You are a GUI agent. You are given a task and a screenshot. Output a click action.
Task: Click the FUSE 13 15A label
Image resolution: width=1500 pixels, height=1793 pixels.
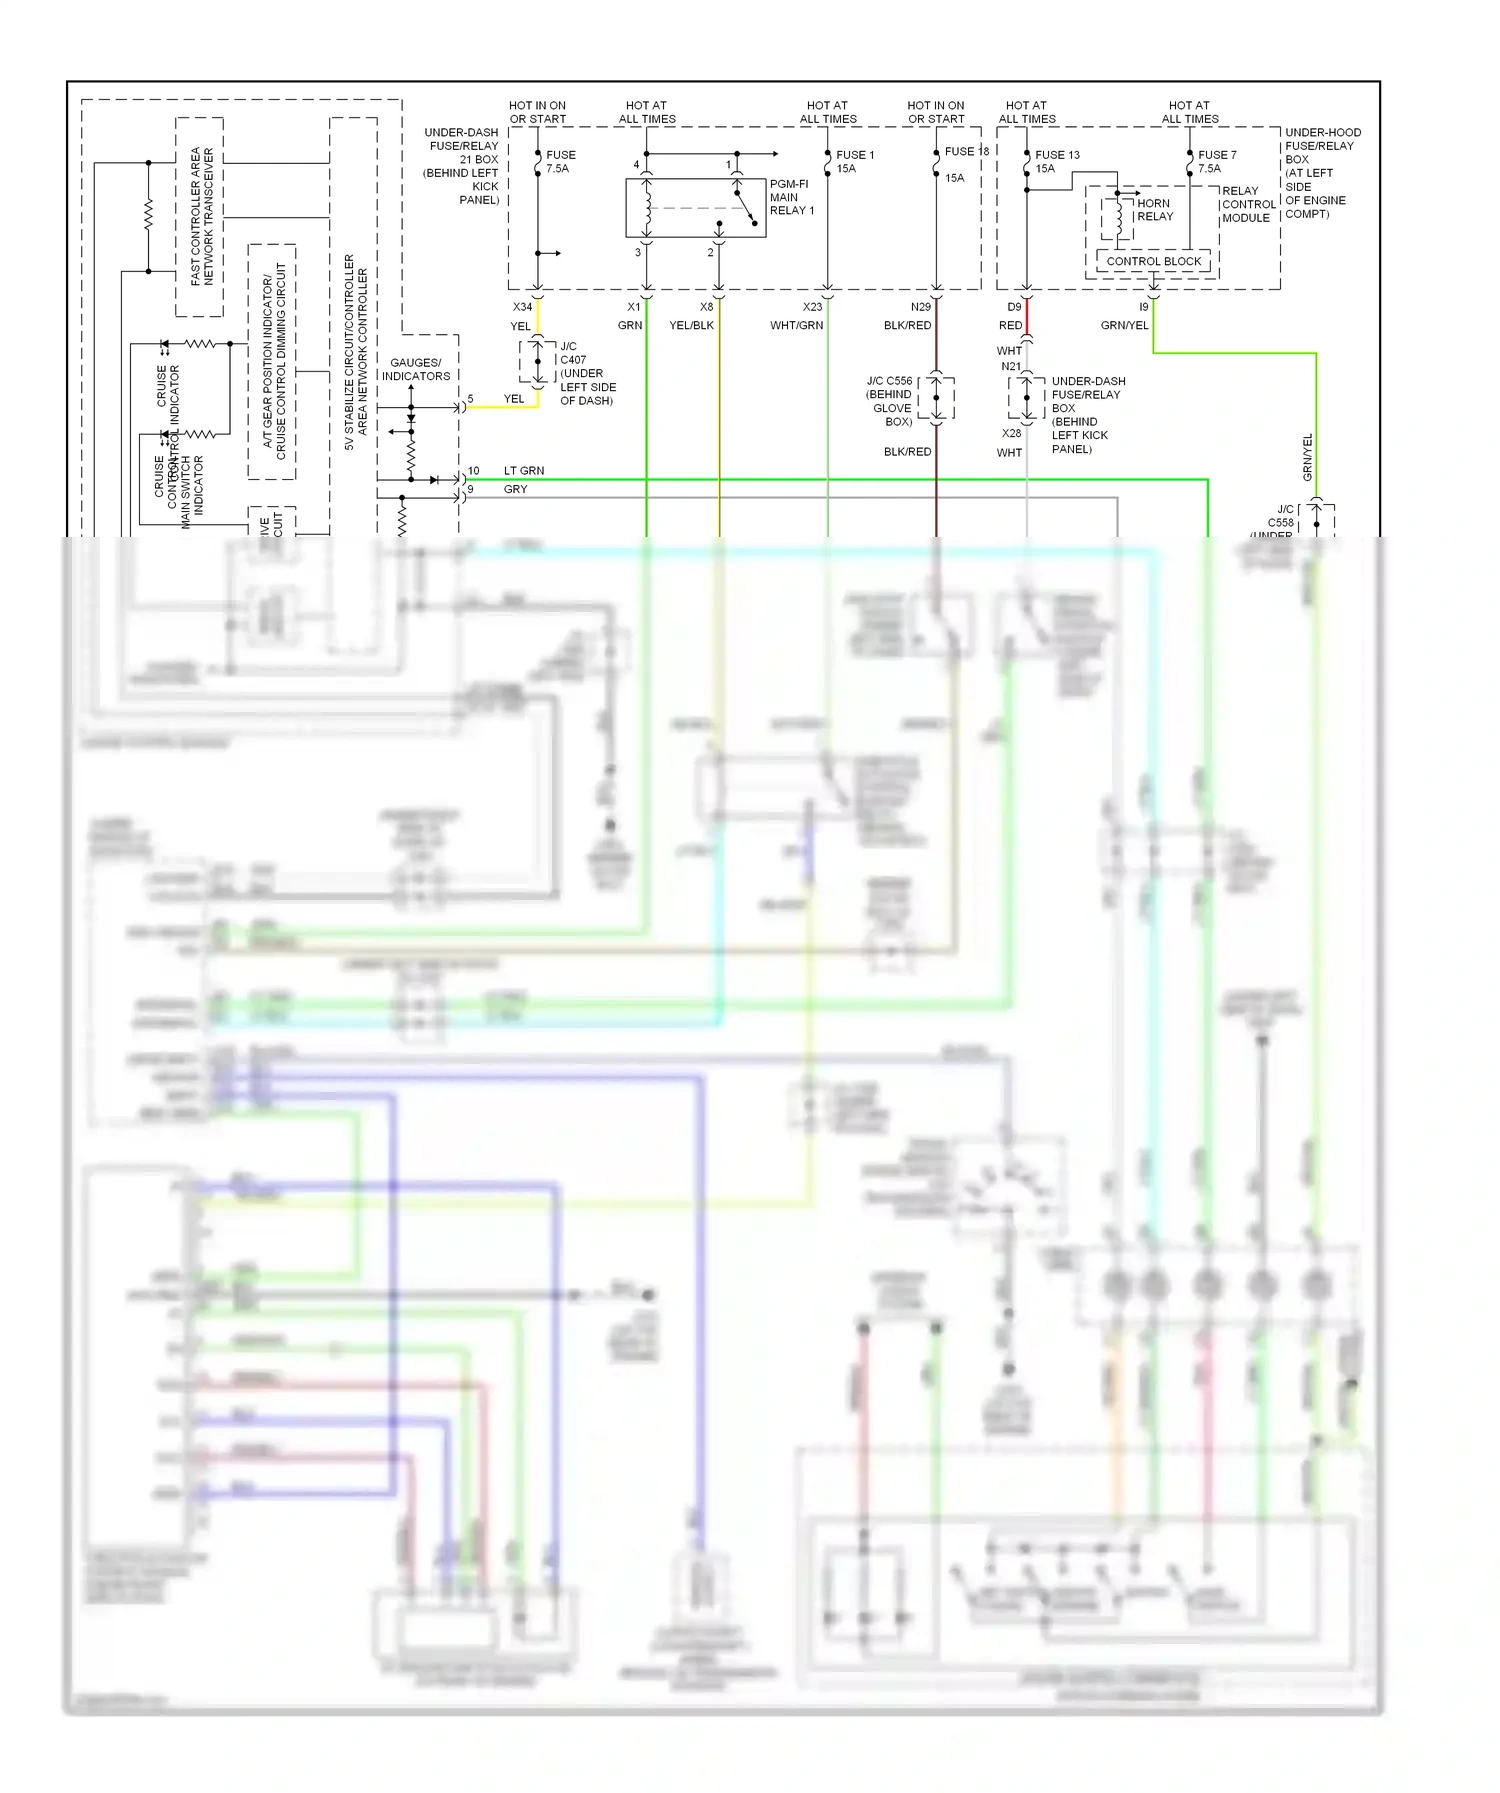tap(1056, 161)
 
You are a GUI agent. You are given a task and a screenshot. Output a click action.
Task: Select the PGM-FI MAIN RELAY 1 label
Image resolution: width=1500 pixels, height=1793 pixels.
tap(791, 197)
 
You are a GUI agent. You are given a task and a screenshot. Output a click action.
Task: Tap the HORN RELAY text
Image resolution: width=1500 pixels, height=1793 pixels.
tap(1154, 210)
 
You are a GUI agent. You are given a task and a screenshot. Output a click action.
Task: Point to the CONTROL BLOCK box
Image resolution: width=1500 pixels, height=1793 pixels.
tap(1153, 261)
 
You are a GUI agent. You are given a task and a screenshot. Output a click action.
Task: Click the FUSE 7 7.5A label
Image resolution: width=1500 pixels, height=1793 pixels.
tap(1216, 161)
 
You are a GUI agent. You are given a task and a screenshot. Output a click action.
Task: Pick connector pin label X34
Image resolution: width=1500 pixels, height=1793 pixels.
tap(522, 307)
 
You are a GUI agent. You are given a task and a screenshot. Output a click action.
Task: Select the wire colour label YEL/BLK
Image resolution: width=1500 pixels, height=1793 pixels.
tap(691, 325)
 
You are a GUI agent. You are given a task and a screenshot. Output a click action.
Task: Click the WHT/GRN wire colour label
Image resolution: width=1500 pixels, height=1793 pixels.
tap(796, 325)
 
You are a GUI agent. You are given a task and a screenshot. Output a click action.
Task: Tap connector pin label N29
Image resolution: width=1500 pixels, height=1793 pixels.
tap(920, 307)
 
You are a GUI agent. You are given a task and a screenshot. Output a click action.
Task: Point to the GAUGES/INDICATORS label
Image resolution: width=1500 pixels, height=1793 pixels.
tap(415, 369)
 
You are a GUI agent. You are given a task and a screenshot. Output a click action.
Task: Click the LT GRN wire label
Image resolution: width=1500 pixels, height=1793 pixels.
tap(524, 470)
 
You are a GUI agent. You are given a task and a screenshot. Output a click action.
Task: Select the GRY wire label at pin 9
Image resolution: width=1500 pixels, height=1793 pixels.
tap(515, 489)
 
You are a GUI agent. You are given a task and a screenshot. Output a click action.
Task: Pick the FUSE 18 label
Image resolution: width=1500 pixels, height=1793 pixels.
tap(966, 151)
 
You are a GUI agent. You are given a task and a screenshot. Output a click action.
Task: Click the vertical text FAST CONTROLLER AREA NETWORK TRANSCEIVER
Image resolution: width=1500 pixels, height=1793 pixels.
tap(202, 217)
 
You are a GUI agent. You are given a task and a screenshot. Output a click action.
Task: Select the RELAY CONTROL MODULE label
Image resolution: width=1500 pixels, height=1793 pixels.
tap(1247, 204)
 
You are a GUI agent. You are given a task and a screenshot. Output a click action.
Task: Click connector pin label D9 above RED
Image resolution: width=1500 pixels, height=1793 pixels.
tap(1014, 307)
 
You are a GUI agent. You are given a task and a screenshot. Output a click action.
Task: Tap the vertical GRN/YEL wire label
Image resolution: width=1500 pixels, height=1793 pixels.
tap(1307, 456)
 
